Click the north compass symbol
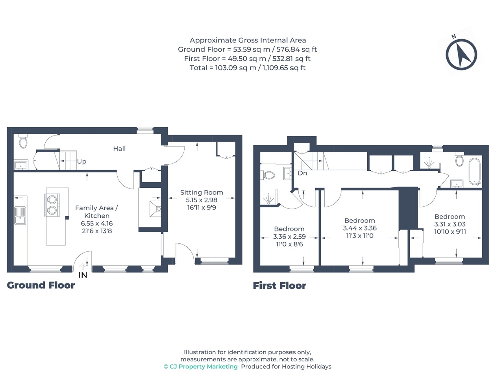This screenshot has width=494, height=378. pos(461,54)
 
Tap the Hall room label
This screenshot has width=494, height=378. pos(119,148)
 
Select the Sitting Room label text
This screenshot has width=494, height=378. pos(202,193)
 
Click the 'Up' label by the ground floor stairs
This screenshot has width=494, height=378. pos(81,162)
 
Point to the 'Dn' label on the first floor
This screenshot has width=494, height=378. pos(302,173)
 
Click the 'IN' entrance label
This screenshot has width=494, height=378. pos(83,275)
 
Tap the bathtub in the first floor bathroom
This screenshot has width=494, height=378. pos(474,172)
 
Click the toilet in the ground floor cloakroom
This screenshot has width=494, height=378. pos(23,141)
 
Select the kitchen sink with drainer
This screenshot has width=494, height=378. pos(20,215)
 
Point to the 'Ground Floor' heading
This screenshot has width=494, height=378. pos(41,285)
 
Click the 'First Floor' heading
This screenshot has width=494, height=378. pos(279,286)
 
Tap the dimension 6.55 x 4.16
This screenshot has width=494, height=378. pos(97,223)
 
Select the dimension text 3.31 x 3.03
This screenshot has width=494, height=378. pos(450,224)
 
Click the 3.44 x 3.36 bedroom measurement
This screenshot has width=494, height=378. pos(360,228)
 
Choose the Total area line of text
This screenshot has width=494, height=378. pos(248,68)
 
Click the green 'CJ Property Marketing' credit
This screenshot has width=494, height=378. pos(200,367)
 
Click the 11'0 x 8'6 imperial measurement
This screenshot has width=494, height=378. pos(289,244)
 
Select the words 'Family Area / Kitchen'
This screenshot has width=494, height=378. pos(96,211)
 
